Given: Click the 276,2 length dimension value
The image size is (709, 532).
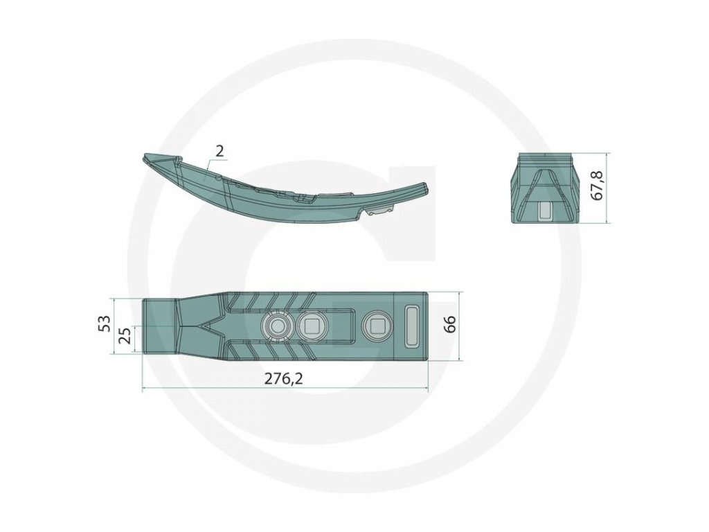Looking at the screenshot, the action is click(283, 379).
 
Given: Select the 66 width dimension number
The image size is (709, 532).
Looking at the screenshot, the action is click(450, 324).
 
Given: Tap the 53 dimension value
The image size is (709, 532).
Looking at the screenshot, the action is click(105, 323).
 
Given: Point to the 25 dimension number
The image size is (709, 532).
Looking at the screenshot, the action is click(127, 335).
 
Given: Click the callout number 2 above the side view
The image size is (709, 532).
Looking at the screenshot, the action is click(219, 151).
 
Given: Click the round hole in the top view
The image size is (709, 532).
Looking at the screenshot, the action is click(276, 326).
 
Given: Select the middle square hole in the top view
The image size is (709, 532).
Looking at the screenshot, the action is click(310, 325).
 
